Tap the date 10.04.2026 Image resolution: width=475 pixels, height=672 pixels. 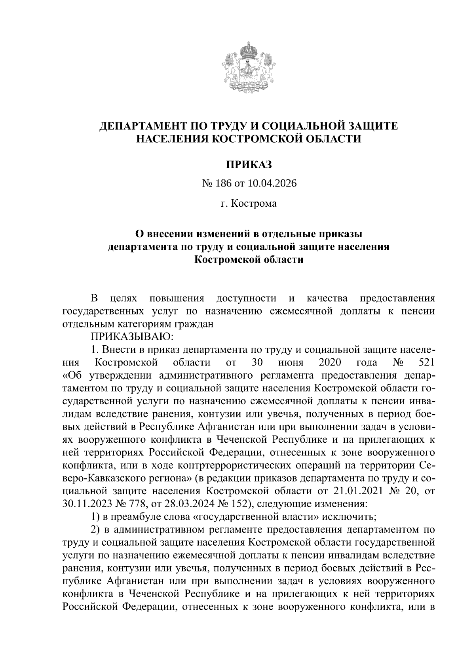272,184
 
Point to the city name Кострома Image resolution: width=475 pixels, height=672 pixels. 254,204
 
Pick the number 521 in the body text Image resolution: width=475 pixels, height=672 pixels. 427,362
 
